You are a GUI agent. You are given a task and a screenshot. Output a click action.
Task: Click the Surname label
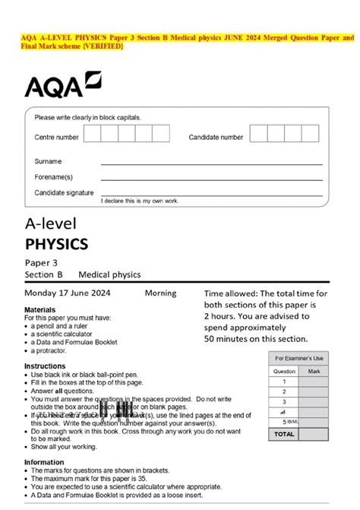[48, 162]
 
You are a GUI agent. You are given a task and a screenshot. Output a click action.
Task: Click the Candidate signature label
[65, 193]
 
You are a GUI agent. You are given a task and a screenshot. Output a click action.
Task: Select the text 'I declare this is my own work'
[139, 201]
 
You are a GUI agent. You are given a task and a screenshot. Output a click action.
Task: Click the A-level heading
[53, 225]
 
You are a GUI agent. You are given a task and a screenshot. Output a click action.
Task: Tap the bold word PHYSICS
[56, 244]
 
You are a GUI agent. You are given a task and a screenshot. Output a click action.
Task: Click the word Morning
[159, 293]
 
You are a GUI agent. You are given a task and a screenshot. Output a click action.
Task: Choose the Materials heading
[40, 310]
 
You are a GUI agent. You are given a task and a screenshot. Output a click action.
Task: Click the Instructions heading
[45, 366]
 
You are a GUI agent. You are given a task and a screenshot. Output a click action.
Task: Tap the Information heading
[44, 461]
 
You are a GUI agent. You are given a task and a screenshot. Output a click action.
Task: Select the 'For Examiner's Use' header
[298, 358]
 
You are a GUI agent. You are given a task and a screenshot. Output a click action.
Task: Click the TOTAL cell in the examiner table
[284, 434]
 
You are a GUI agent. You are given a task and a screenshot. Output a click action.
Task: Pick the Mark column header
[314, 371]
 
